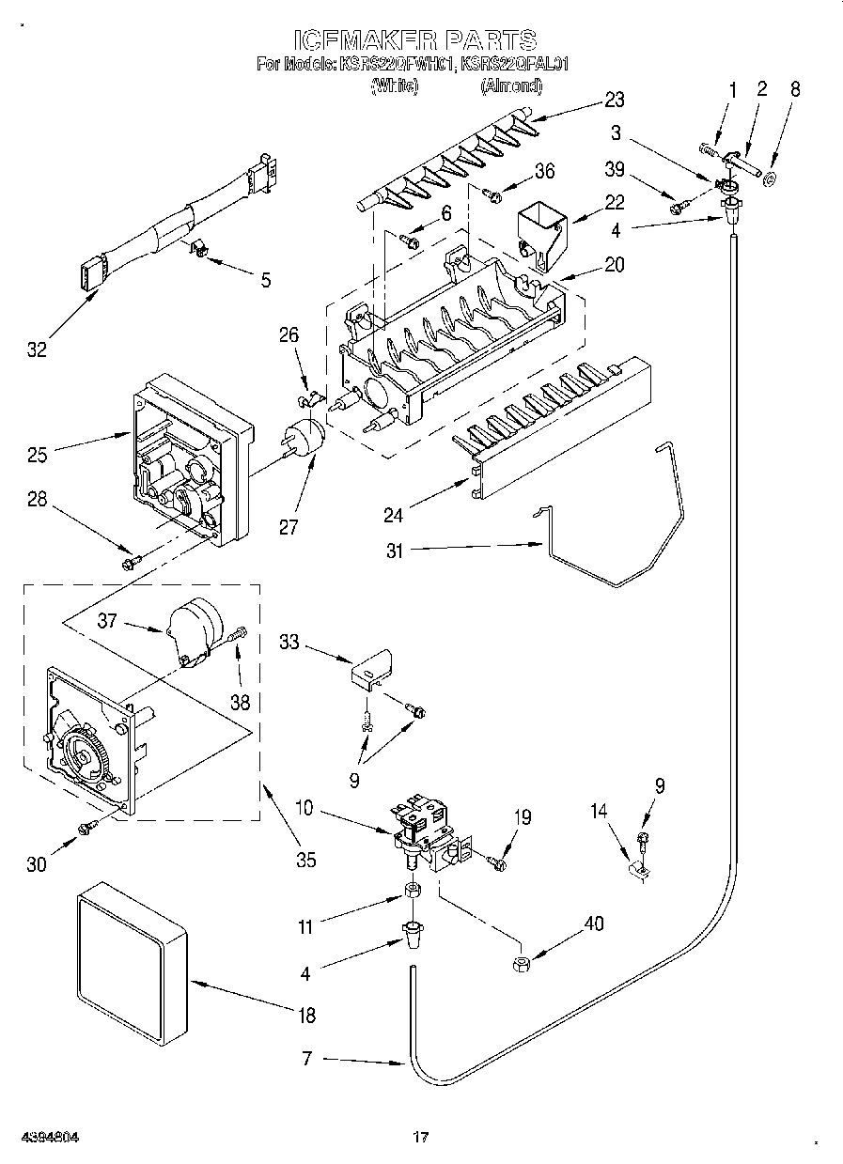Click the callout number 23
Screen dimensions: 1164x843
tap(615, 101)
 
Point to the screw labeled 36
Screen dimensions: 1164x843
tap(491, 194)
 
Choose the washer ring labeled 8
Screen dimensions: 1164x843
tap(770, 179)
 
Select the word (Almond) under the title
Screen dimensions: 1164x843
tap(511, 86)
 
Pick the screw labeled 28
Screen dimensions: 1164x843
tap(131, 562)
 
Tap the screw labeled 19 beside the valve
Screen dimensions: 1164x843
tap(497, 859)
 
